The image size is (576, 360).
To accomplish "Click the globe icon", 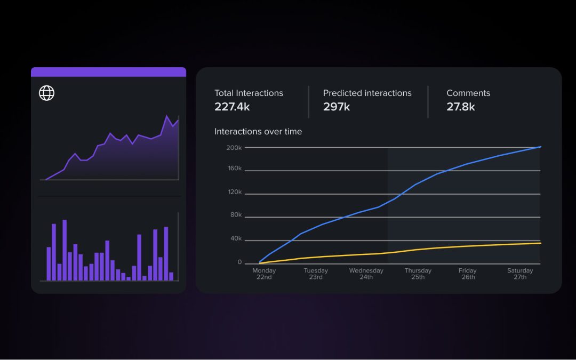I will pyautogui.click(x=47, y=93).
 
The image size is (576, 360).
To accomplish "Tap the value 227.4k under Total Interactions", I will pyautogui.click(x=232, y=107).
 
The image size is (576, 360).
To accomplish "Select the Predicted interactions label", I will pyautogui.click(x=367, y=93).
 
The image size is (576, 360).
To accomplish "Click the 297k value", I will pyautogui.click(x=336, y=107).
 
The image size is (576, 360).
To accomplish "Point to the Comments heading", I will pyautogui.click(x=468, y=93).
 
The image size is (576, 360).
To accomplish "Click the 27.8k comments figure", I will pyautogui.click(x=460, y=107).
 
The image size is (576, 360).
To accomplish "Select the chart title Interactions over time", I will pyautogui.click(x=258, y=131).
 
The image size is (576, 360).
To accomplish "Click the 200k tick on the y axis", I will pyautogui.click(x=234, y=148).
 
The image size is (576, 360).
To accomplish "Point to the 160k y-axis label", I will pyautogui.click(x=234, y=169).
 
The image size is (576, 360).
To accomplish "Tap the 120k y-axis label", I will pyautogui.click(x=234, y=192).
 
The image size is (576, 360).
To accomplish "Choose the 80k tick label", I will pyautogui.click(x=235, y=215).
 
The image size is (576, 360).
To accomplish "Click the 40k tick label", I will pyautogui.click(x=235, y=239).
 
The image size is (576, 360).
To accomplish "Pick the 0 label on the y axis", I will pyautogui.click(x=239, y=262).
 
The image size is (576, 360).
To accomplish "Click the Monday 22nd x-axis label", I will pyautogui.click(x=264, y=274).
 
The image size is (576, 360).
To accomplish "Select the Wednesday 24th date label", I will pyautogui.click(x=366, y=274).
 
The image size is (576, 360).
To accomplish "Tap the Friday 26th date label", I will pyautogui.click(x=468, y=274).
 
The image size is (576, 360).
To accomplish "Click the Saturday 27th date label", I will pyautogui.click(x=519, y=274).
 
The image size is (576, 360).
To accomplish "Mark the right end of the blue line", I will pyautogui.click(x=540, y=146).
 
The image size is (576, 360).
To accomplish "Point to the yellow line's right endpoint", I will pyautogui.click(x=540, y=243).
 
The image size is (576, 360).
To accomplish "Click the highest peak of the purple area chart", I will pyautogui.click(x=167, y=116).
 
